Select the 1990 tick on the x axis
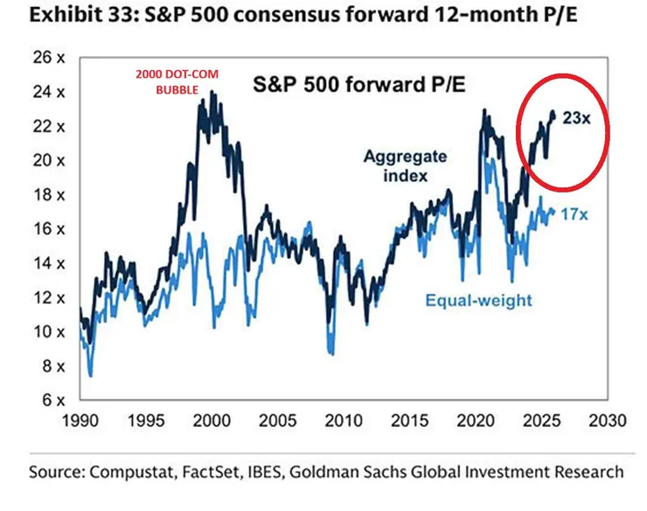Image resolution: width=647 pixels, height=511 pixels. pyautogui.click(x=80, y=421)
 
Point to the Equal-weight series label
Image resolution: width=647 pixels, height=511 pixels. pyautogui.click(x=478, y=300)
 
